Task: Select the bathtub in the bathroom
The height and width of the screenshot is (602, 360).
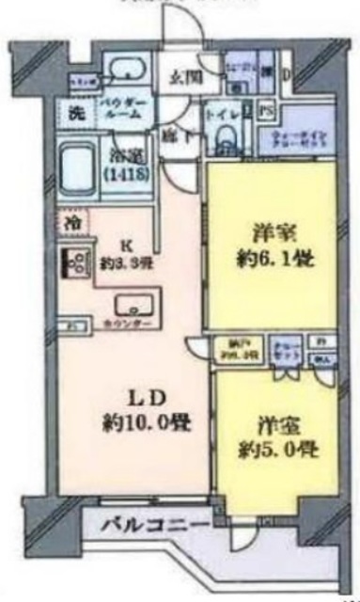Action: click(x=80, y=167)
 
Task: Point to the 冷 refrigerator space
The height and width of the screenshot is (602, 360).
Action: click(x=74, y=224)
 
